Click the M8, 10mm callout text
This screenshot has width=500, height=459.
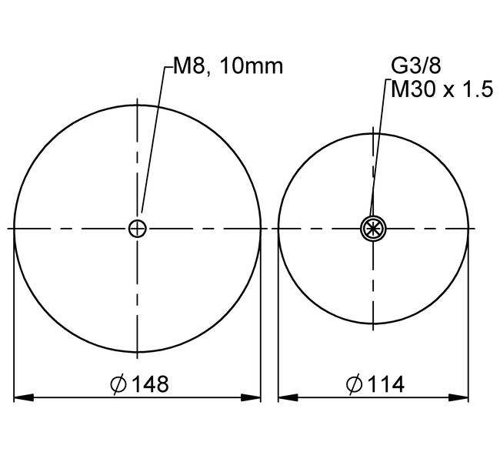pyautogui.click(x=228, y=66)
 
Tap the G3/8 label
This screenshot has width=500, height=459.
pyautogui.click(x=416, y=65)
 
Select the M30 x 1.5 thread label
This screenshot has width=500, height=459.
pyautogui.click(x=442, y=89)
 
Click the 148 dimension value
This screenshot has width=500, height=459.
pyautogui.click(x=150, y=384)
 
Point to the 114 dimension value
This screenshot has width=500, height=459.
pyautogui.click(x=386, y=384)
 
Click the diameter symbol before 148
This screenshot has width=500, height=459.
pyautogui.click(x=118, y=384)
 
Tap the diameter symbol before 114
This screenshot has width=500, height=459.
pyautogui.click(x=355, y=384)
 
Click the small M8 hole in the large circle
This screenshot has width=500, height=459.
pyautogui.click(x=137, y=229)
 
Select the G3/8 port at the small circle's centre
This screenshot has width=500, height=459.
pyautogui.click(x=373, y=229)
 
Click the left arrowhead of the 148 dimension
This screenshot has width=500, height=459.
pyautogui.click(x=24, y=397)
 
